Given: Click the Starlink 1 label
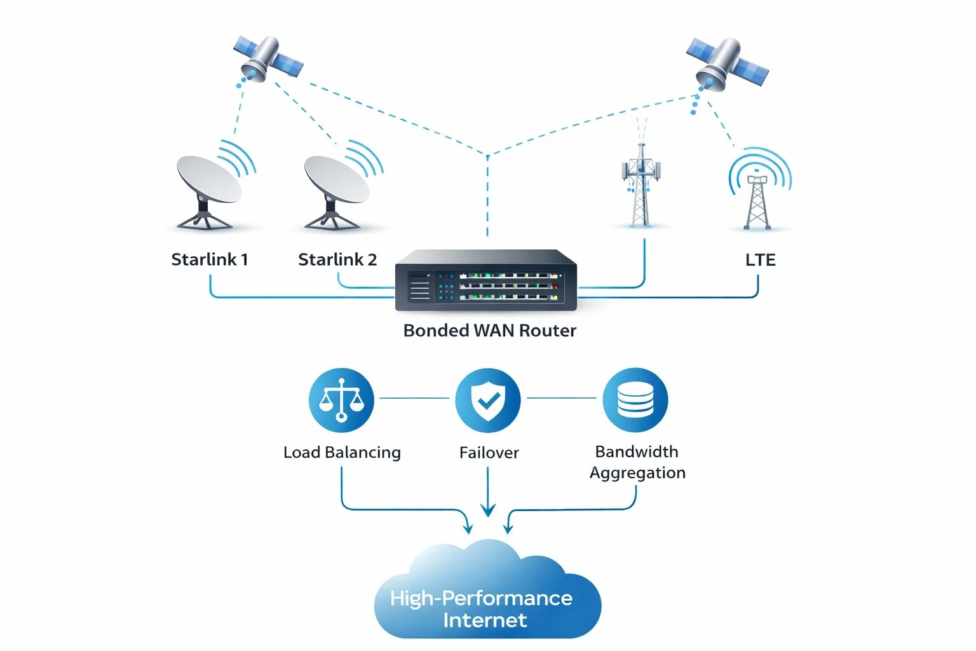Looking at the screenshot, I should click(x=209, y=259).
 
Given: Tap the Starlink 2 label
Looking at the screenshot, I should click(x=337, y=259).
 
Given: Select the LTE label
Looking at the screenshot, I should click(x=760, y=260).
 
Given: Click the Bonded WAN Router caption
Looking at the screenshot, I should click(x=489, y=331).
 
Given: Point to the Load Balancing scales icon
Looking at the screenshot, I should click(x=341, y=401).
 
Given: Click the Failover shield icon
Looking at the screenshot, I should click(x=488, y=401).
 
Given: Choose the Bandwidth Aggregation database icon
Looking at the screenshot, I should click(x=635, y=401).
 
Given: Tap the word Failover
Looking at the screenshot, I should click(x=489, y=453).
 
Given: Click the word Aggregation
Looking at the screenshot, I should click(x=637, y=473).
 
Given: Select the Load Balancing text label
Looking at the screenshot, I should click(x=342, y=453).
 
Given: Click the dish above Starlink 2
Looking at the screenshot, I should click(x=335, y=188).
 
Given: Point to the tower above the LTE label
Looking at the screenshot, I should click(x=757, y=197).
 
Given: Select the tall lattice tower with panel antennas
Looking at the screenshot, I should click(x=640, y=184).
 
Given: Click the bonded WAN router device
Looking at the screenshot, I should click(x=486, y=280).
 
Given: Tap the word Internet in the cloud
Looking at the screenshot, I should click(x=485, y=620).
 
